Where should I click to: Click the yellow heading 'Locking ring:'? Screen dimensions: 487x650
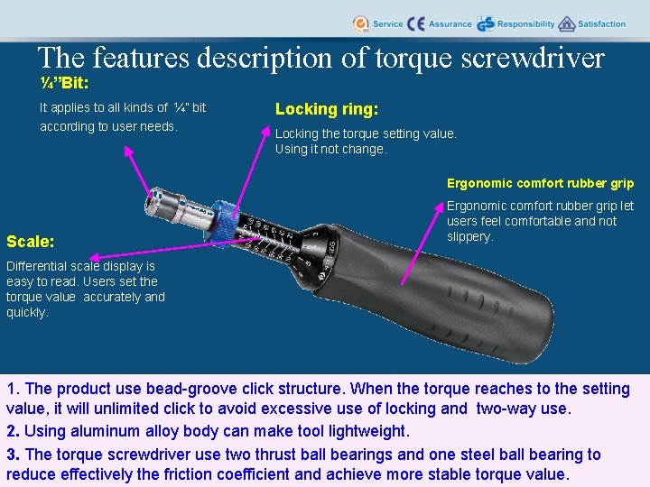tap(326, 109)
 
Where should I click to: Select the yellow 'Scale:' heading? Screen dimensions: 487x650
tap(30, 242)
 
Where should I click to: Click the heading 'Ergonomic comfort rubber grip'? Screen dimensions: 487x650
tap(541, 183)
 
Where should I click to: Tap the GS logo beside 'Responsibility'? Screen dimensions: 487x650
tap(485, 24)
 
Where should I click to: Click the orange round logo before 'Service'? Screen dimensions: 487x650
tap(360, 24)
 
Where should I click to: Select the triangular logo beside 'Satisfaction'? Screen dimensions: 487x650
tap(567, 24)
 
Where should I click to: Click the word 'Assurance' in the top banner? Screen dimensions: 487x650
tap(450, 24)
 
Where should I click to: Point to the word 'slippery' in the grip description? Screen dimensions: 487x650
tap(469, 236)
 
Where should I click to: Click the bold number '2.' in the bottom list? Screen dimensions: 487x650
tap(14, 431)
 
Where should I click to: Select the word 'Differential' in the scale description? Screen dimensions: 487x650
tap(35, 266)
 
